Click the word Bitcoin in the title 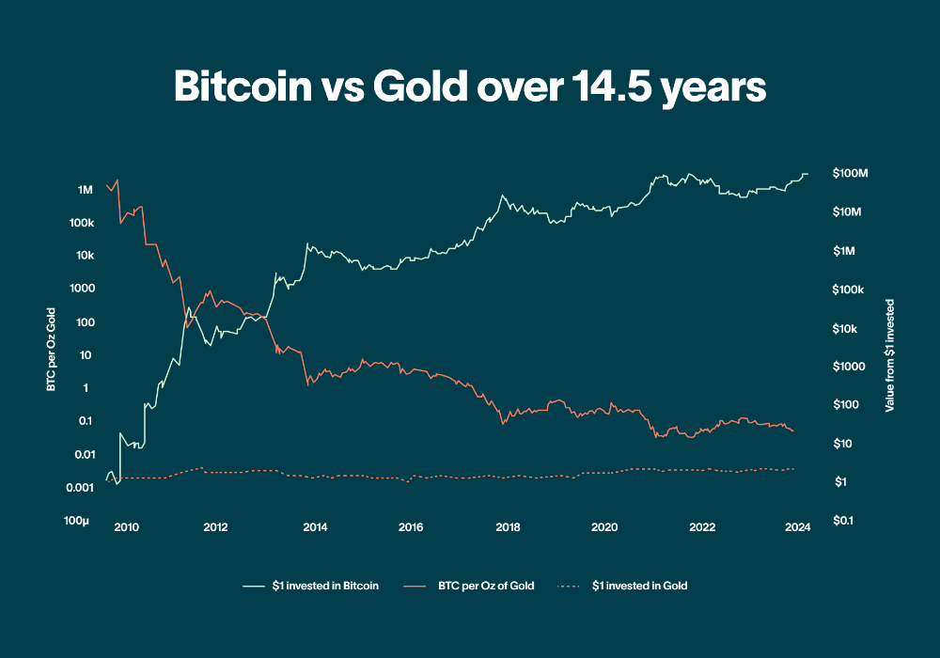243,87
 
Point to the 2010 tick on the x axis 126,526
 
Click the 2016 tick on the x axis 410,526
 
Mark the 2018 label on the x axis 509,526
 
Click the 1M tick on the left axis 85,190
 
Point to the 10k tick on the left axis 84,256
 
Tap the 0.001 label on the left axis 79,487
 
